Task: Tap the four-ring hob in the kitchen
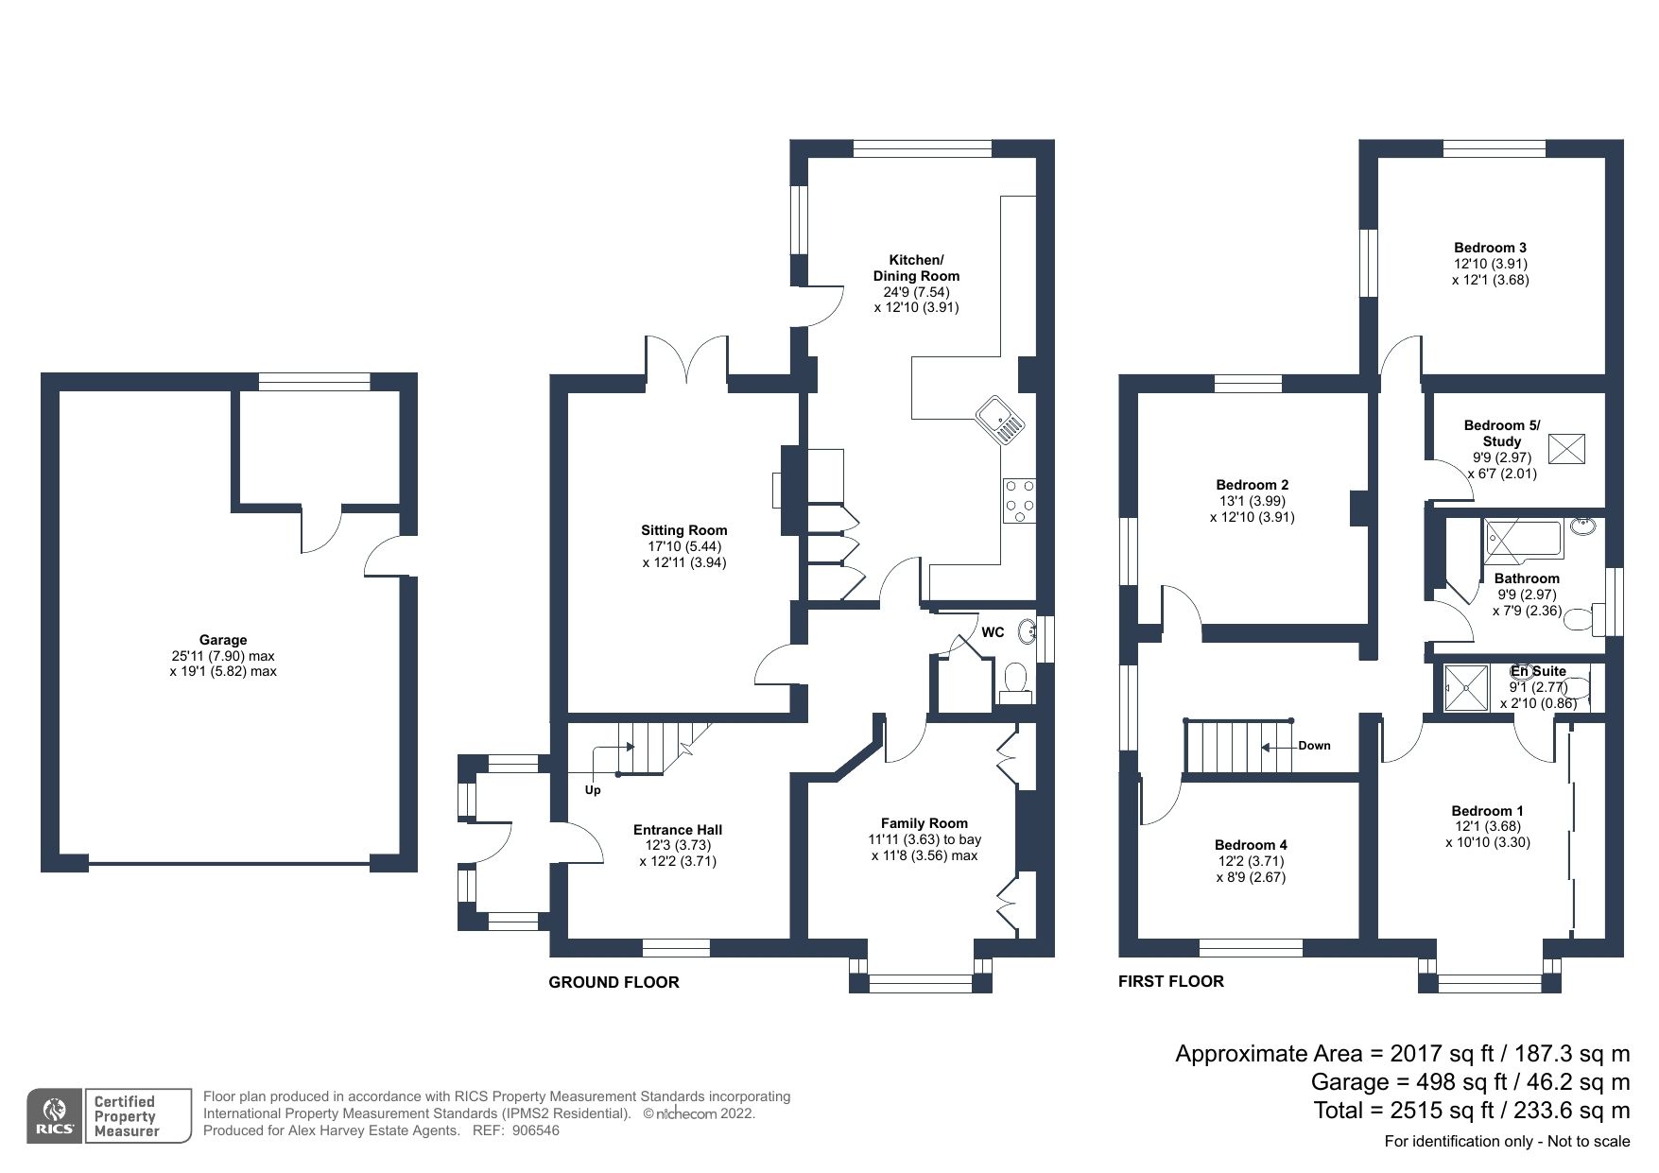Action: pos(1019,500)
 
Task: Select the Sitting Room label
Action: pos(683,530)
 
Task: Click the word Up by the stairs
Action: pos(593,790)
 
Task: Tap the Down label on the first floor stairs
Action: pos(1314,746)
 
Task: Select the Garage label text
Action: pos(223,640)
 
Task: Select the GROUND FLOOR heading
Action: pos(613,983)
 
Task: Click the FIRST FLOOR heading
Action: pos(1170,982)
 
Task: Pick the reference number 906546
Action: pos(538,1130)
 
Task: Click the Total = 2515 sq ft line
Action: pos(1471,1110)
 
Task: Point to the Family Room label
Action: pos(924,823)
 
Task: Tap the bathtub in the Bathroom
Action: pos(1523,542)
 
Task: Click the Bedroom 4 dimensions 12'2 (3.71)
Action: pos(1250,861)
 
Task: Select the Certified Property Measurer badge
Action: pos(138,1115)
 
